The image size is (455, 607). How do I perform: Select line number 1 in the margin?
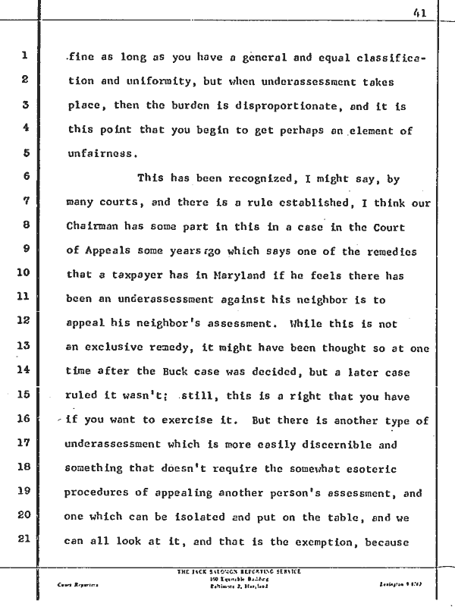(25, 55)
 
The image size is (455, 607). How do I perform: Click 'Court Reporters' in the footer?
(76, 585)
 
